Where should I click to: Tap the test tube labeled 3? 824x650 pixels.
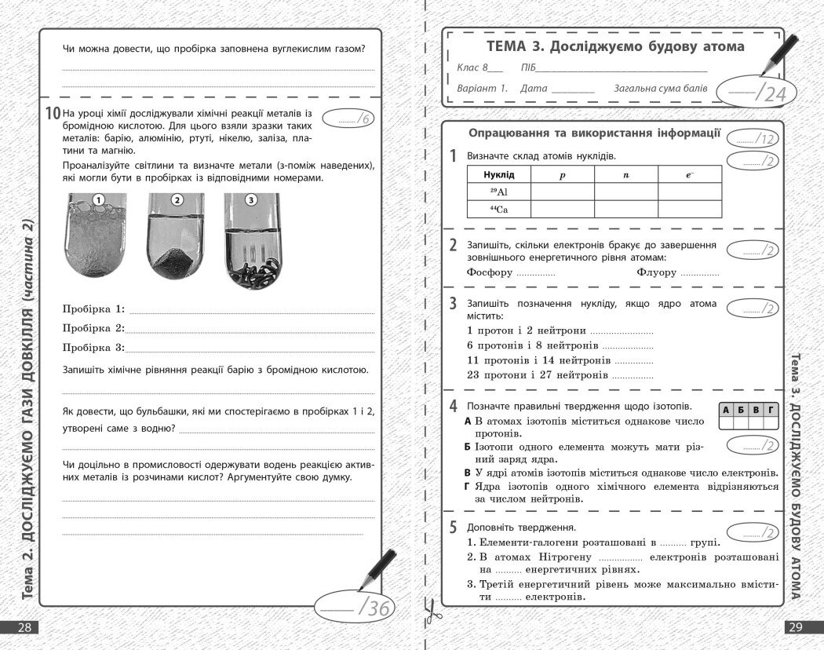(x=251, y=239)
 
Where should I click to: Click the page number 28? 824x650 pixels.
(x=24, y=627)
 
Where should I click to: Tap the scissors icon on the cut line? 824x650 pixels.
(x=429, y=611)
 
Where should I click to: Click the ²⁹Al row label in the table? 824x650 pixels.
(x=498, y=192)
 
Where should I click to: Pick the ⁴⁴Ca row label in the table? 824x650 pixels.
(x=498, y=209)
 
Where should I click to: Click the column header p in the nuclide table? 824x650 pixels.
(x=562, y=174)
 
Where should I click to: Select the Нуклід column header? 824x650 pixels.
(x=498, y=174)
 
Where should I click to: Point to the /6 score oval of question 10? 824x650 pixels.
(x=348, y=119)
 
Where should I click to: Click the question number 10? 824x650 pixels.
(x=53, y=114)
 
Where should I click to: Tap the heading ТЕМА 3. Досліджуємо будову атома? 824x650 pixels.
(x=615, y=46)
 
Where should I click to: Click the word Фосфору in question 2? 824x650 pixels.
(x=489, y=273)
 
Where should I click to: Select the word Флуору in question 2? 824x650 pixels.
(x=657, y=273)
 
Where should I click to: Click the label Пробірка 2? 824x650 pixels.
(x=93, y=328)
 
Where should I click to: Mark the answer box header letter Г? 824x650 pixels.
(x=771, y=410)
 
